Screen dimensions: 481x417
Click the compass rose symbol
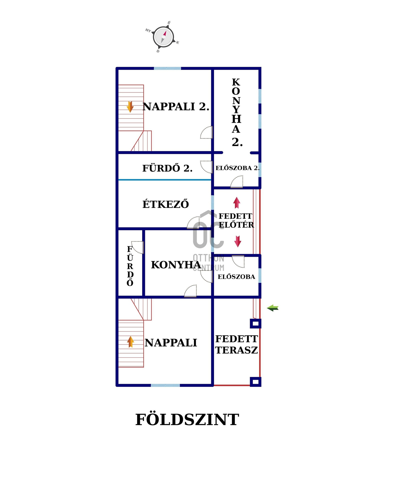(x=163, y=37)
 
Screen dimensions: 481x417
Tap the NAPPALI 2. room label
(x=176, y=107)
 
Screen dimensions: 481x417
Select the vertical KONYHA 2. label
(x=236, y=112)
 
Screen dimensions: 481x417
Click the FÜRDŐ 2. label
(x=167, y=168)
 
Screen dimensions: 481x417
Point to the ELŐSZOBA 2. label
(x=237, y=168)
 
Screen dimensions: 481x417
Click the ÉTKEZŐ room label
(x=165, y=204)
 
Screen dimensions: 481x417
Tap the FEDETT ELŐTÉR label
(x=236, y=220)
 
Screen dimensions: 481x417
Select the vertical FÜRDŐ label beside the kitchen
(x=130, y=266)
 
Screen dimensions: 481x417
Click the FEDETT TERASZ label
(x=236, y=344)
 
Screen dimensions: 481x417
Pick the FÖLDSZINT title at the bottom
(x=187, y=420)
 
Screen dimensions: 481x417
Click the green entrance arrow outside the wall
(x=273, y=308)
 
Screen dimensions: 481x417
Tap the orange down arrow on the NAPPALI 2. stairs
(x=130, y=107)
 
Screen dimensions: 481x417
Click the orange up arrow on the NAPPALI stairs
(x=130, y=342)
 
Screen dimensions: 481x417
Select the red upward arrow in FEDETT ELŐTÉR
(x=237, y=203)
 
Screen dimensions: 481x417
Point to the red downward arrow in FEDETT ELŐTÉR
(x=238, y=241)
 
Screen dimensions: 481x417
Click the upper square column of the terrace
(x=255, y=323)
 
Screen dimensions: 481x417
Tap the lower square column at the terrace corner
(x=255, y=382)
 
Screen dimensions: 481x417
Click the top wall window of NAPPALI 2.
(x=167, y=68)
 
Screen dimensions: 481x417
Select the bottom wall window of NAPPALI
(x=165, y=385)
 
